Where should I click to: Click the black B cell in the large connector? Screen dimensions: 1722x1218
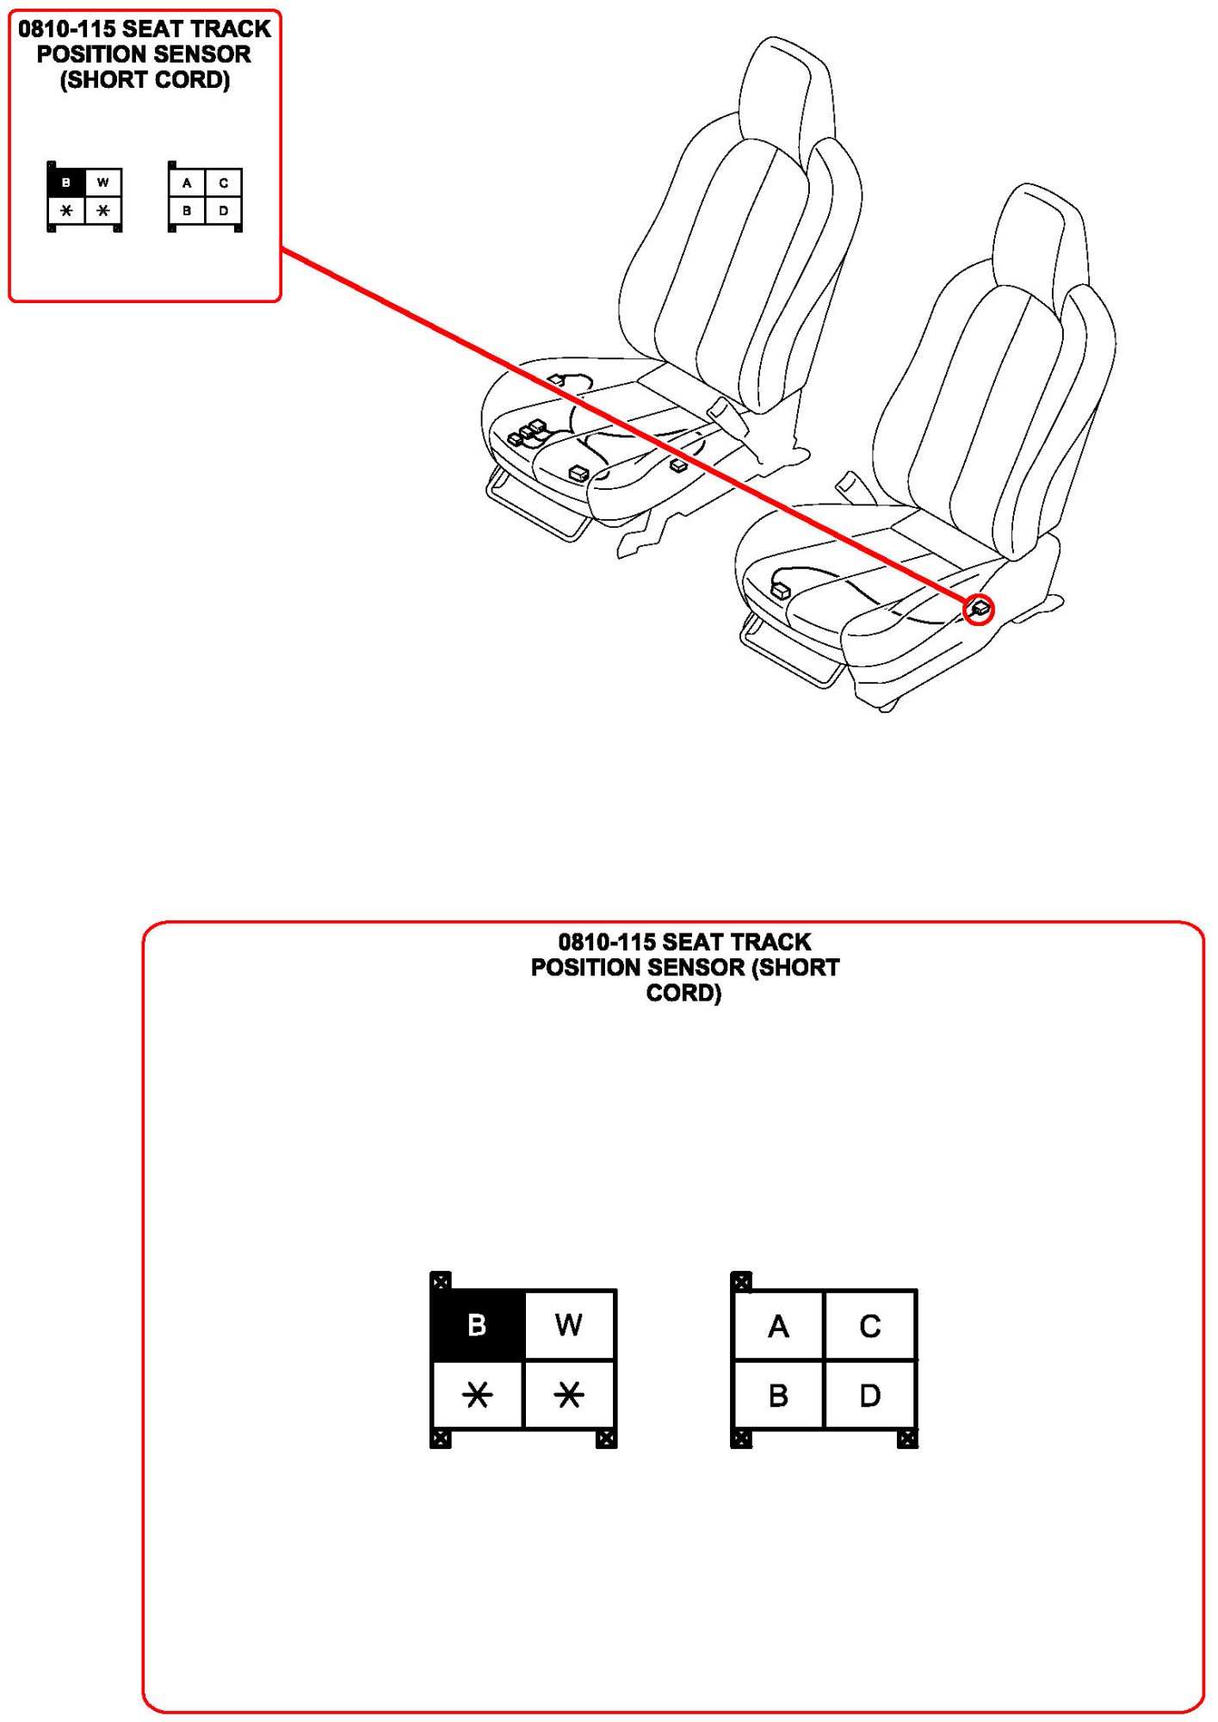[477, 1324]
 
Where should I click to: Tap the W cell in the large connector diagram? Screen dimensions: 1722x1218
[569, 1324]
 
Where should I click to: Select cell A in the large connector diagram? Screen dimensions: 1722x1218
[778, 1325]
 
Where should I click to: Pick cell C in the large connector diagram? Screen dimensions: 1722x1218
[870, 1325]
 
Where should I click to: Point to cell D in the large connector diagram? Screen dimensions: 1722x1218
[870, 1395]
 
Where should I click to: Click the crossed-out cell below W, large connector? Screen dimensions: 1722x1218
[569, 1395]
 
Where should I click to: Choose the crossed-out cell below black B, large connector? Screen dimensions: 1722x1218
[477, 1395]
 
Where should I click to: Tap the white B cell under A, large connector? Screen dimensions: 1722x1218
[778, 1395]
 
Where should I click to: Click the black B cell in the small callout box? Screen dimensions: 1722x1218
[66, 183]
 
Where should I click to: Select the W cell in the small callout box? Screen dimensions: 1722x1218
[103, 183]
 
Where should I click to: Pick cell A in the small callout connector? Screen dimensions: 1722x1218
[187, 183]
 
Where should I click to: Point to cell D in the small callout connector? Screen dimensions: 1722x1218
[224, 210]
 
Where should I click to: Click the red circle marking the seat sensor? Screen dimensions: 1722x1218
[979, 610]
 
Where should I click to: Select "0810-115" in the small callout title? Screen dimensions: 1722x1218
[66, 29]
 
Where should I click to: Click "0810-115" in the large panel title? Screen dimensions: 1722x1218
[607, 942]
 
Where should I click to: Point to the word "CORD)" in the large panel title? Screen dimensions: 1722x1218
[683, 993]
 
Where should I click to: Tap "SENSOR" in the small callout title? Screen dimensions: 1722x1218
[201, 54]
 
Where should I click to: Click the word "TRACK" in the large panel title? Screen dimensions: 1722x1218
[770, 942]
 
